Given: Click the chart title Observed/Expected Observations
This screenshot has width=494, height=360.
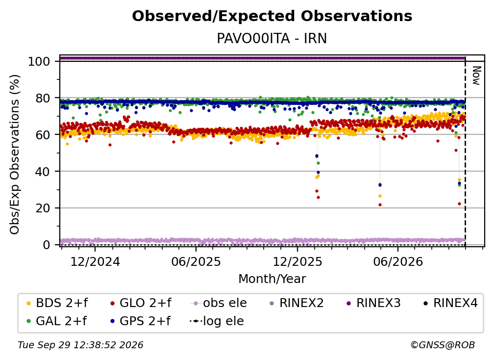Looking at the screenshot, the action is click(x=272, y=16).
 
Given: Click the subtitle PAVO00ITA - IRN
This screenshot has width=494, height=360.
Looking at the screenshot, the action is click(x=272, y=39).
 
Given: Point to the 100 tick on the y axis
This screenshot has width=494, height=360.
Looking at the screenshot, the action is click(x=39, y=61).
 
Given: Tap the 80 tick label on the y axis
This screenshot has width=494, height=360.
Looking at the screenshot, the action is click(x=43, y=98).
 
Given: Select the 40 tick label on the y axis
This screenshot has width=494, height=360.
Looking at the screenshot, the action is click(x=43, y=172).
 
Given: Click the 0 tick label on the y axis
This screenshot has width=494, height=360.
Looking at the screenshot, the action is click(x=47, y=245).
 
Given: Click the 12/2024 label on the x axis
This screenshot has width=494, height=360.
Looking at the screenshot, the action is click(x=95, y=261).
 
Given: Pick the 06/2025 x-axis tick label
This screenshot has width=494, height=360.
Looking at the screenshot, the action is click(x=196, y=261).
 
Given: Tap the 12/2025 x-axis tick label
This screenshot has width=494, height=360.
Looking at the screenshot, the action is click(x=297, y=261).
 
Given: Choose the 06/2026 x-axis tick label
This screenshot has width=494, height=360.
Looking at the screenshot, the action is click(x=398, y=261).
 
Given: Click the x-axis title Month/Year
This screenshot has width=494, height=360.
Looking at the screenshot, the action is click(x=272, y=279).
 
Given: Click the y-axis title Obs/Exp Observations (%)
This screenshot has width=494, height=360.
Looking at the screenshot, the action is click(x=15, y=154).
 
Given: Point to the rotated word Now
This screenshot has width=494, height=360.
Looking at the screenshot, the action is click(x=476, y=76).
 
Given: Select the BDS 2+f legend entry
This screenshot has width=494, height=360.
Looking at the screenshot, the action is click(x=57, y=303).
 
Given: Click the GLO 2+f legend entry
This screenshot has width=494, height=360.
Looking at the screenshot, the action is click(x=141, y=303).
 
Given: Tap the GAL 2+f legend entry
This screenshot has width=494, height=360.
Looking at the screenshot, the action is click(x=57, y=321).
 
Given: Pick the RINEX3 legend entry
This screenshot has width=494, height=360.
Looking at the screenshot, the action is click(x=373, y=303).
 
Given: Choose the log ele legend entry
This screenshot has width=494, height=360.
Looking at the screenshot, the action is click(x=217, y=321).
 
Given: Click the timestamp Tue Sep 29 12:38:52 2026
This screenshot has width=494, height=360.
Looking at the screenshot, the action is click(x=80, y=345).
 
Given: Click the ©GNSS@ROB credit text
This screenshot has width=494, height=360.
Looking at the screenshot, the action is click(x=443, y=345).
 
